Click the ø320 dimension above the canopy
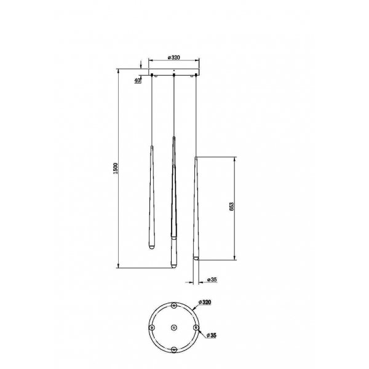tap(174, 58)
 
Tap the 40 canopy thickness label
tap(137, 80)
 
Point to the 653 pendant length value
tap(232, 207)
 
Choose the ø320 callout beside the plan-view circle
tap(205, 303)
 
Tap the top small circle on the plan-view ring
tap(174, 306)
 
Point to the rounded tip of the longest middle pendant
tap(173, 264)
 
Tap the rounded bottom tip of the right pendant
tap(196, 258)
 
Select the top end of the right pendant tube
tap(196, 158)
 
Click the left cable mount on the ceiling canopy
tap(151, 75)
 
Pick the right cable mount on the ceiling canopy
tap(196, 75)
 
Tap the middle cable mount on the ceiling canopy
tap(174, 75)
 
